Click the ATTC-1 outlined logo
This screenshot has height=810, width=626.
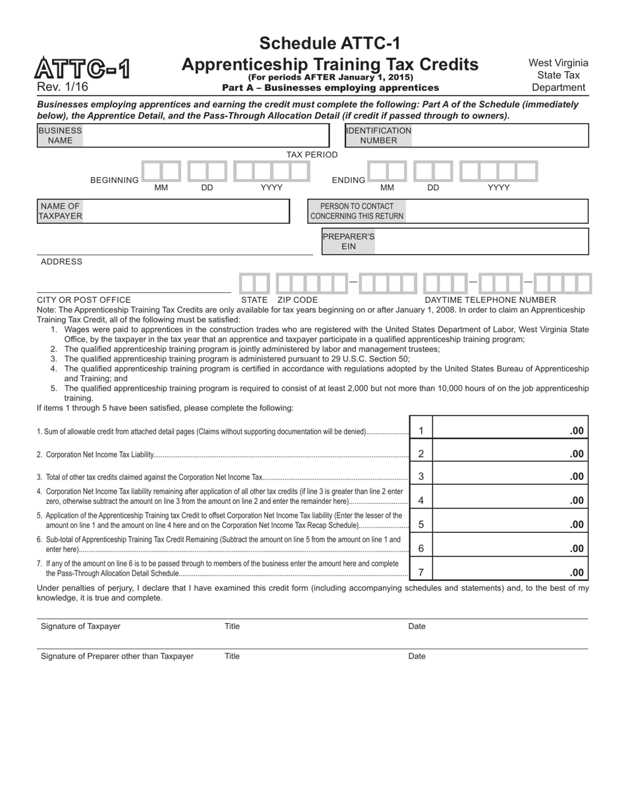[82, 69]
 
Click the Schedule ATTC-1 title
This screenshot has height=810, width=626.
[329, 43]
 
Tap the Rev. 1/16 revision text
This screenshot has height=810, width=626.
[63, 87]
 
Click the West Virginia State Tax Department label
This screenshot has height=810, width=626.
[558, 75]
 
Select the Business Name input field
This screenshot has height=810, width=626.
[204, 136]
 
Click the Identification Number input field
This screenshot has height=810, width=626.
[499, 136]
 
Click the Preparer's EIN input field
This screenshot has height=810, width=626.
[481, 241]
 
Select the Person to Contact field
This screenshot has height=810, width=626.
[496, 211]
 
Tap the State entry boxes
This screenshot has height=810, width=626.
[254, 284]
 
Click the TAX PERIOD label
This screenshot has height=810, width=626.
[312, 155]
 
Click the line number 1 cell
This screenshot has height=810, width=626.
[421, 431]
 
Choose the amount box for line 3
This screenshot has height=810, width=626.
[509, 476]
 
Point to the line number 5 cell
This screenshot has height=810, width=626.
[421, 524]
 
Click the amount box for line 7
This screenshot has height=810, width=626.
[509, 572]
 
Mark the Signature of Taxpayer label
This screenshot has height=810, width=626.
[80, 626]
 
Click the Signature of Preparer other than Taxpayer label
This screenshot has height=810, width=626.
[117, 656]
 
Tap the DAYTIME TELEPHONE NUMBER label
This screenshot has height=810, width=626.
[490, 300]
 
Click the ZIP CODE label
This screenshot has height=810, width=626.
[297, 300]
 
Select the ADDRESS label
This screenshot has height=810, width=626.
[61, 261]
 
